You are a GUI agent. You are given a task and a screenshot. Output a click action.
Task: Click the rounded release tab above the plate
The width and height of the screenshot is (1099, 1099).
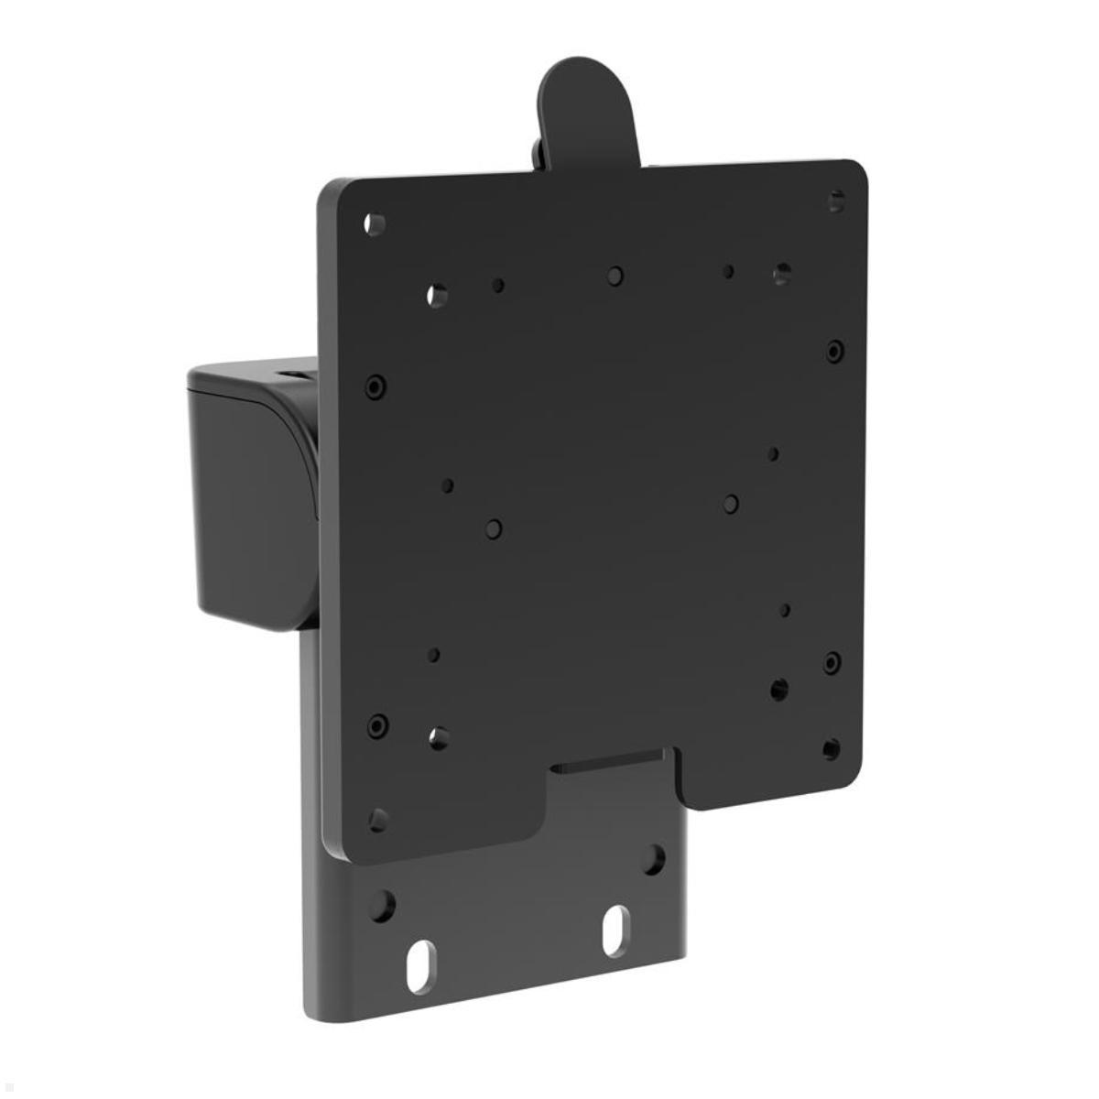(x=587, y=110)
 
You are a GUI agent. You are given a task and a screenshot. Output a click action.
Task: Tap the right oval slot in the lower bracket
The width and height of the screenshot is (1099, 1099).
(x=615, y=930)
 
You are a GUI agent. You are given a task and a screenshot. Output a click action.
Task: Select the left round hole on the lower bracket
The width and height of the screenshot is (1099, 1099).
(x=381, y=906)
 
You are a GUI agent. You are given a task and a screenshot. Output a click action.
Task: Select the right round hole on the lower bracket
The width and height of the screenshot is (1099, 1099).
(x=653, y=859)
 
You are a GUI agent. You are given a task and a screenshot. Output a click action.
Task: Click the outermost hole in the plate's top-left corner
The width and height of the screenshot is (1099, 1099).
(x=374, y=223)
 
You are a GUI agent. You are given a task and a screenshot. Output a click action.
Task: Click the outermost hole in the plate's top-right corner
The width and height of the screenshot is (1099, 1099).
(x=836, y=201)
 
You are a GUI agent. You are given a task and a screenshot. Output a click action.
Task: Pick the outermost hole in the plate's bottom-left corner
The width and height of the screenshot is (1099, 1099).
(x=377, y=820)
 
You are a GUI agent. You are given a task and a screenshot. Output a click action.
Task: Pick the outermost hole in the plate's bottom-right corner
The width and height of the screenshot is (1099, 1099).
(x=831, y=749)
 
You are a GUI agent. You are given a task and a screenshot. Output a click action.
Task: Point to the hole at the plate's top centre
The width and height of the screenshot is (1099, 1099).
(x=615, y=276)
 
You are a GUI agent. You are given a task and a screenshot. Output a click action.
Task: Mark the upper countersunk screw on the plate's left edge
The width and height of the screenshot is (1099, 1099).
(x=375, y=386)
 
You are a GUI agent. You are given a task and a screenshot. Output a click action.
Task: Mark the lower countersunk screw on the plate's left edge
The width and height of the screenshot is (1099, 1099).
(x=377, y=726)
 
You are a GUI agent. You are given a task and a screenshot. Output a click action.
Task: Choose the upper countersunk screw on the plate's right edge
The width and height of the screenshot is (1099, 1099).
(x=834, y=351)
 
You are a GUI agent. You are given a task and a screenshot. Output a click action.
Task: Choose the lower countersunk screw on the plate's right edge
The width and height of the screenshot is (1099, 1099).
(x=832, y=662)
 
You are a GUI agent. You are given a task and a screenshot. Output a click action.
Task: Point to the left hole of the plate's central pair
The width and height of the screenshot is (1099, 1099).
(x=494, y=528)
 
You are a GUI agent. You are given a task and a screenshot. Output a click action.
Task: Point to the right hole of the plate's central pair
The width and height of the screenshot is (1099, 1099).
(x=731, y=504)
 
